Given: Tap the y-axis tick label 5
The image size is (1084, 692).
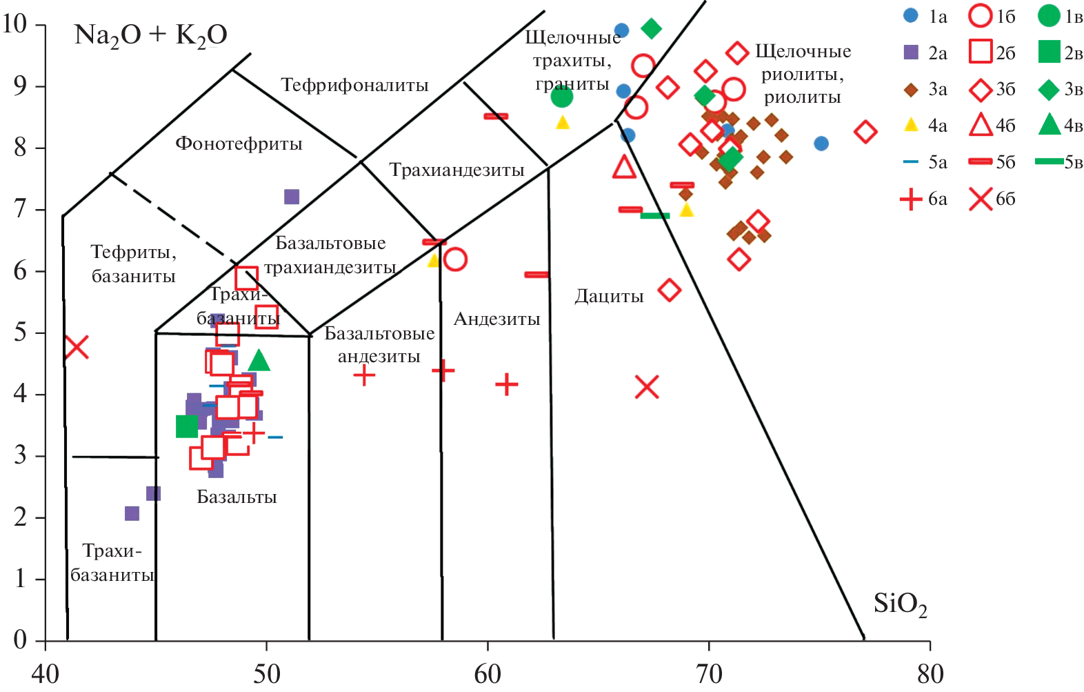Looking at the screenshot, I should (x=20, y=333).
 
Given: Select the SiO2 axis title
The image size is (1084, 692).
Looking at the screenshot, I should (x=900, y=604).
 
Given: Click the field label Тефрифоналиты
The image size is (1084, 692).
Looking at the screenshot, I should (x=354, y=86).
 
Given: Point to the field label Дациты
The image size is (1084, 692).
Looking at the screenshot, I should (x=609, y=297).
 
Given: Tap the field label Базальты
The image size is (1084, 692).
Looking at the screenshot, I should (x=237, y=497).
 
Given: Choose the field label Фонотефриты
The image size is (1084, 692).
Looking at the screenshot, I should (x=239, y=144).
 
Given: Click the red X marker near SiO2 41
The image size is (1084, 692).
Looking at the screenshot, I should (x=76, y=346).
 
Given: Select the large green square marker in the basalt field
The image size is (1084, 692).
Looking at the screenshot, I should (x=187, y=426).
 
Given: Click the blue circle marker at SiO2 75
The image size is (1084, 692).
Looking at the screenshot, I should (x=821, y=144).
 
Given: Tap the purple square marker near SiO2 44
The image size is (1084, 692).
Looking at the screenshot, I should (x=132, y=513).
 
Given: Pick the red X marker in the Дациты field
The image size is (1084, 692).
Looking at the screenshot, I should (x=647, y=387).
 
